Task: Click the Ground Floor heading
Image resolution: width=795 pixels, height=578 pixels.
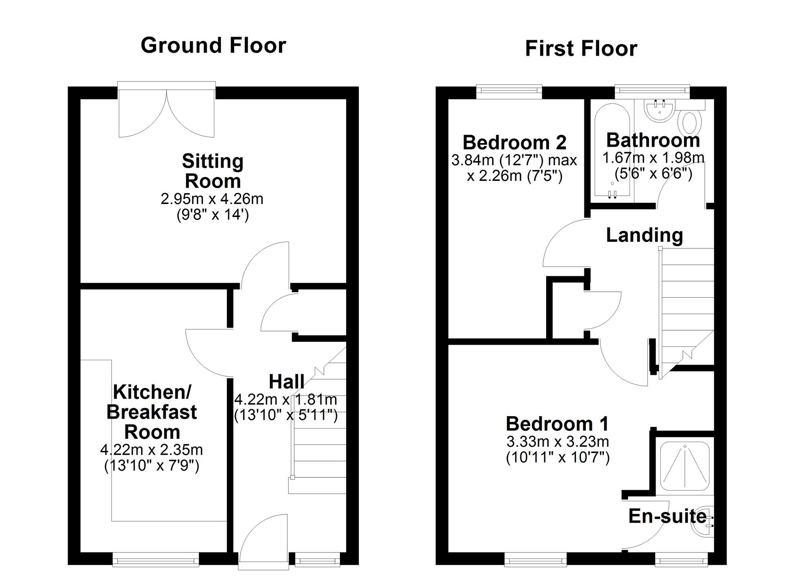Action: coord(213,45)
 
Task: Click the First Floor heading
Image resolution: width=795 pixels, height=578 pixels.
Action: coord(581,49)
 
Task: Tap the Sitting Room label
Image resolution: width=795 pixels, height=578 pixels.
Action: coord(213,171)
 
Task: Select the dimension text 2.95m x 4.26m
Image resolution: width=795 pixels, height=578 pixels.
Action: coord(212,199)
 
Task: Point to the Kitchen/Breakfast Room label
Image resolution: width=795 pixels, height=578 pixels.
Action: coord(152,412)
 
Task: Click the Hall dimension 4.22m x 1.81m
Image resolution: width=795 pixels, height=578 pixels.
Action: coord(285,399)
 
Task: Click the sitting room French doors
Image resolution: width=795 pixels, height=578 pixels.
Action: coord(167,111)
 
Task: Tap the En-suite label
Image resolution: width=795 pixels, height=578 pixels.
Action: coord(667,516)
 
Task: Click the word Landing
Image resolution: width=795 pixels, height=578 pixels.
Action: coord(644,235)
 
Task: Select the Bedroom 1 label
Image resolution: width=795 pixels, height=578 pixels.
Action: coord(557,424)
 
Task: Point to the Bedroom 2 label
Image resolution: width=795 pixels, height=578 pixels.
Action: coord(514,142)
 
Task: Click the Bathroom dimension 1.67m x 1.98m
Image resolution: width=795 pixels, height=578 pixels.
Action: coord(653,158)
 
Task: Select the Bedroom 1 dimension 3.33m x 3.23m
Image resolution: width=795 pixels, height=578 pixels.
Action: coord(557,442)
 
